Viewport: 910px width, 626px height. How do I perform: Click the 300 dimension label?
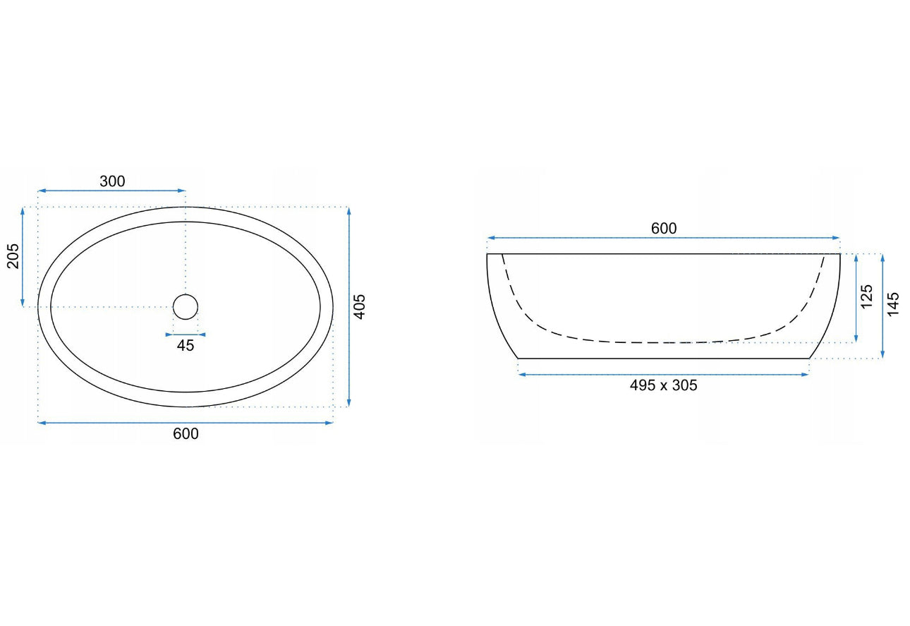point(113,181)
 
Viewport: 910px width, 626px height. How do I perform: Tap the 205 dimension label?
point(13,256)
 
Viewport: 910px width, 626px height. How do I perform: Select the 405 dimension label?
point(360,306)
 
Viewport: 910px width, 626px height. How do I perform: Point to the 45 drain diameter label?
point(186,346)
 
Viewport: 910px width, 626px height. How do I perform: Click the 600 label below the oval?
point(186,434)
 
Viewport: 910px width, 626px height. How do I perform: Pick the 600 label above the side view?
point(664,229)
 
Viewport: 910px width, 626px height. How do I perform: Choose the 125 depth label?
point(866,296)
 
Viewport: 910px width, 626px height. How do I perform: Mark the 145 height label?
point(893,304)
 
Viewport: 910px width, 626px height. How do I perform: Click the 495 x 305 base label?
point(663,385)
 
